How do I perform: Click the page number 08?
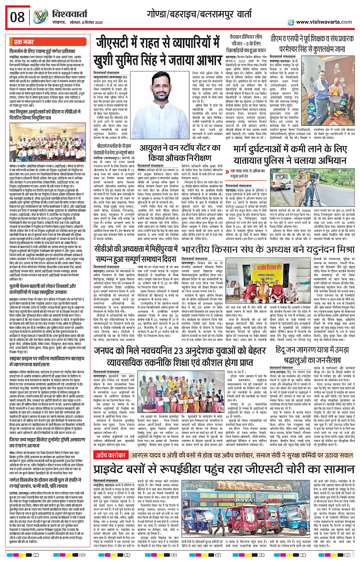[x=18, y=17]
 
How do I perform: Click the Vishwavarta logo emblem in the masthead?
[x=40, y=17]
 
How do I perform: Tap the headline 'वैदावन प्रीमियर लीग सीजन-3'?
[x=246, y=43]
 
